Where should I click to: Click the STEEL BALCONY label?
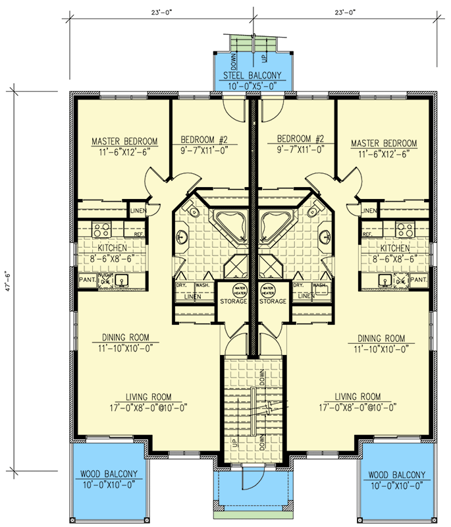click(252, 74)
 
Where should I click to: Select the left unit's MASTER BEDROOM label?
click(124, 141)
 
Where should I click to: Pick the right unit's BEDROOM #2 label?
click(301, 139)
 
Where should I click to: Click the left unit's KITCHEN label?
click(111, 248)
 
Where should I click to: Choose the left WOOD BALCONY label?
click(109, 474)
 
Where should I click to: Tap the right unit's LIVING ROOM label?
click(358, 397)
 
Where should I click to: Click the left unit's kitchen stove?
click(100, 230)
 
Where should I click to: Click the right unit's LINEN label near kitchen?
click(369, 211)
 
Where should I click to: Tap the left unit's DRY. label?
click(181, 285)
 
